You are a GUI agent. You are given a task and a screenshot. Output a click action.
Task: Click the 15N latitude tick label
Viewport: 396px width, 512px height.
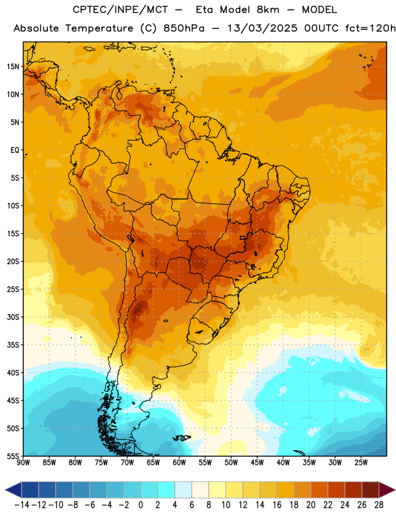coord(13,67)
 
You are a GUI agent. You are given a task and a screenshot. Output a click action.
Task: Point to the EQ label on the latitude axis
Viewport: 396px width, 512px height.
coord(15,150)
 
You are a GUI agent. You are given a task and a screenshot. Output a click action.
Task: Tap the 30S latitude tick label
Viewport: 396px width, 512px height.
coord(13,317)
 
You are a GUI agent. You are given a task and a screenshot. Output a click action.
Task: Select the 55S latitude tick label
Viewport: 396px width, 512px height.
coord(13,456)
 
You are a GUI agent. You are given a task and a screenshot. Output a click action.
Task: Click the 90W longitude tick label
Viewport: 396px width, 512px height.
coord(23,463)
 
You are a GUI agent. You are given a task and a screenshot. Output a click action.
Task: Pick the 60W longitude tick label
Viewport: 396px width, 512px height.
coord(179,463)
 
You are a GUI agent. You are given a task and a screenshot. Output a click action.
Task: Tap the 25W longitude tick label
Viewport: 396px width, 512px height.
coord(361,463)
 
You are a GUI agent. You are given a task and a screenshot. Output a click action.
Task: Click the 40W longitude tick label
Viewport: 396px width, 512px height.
coord(283,463)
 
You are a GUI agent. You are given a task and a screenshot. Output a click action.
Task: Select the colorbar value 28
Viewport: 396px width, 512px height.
coord(379,505)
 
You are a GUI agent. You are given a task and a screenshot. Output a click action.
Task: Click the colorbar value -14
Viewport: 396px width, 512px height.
coord(22,505)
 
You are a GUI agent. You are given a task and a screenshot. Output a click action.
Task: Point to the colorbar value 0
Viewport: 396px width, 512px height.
coord(140,505)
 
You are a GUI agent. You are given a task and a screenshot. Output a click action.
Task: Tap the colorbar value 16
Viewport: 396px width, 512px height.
coord(277,505)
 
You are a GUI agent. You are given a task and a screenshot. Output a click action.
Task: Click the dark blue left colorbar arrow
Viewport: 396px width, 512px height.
coord(13,490)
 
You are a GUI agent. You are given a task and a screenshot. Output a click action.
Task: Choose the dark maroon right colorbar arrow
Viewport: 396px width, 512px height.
coord(388,490)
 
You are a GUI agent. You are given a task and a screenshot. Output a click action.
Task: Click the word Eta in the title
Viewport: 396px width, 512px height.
coord(204,10)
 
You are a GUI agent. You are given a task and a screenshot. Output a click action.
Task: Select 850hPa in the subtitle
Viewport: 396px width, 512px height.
coord(184,28)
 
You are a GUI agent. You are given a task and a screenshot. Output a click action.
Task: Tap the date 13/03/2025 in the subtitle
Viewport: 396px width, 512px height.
coord(262,28)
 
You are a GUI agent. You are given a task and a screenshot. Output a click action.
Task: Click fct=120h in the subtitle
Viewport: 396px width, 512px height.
coord(370,28)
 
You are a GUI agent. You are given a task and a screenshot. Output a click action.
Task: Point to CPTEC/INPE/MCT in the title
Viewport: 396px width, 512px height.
coord(120,10)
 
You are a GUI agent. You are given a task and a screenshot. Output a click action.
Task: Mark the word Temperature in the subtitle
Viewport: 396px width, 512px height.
coord(99,29)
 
